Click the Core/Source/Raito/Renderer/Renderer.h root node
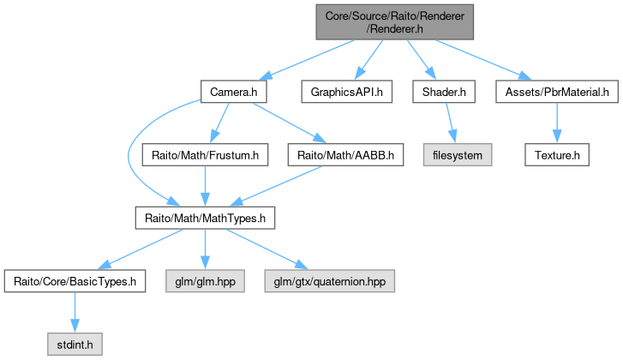tap(394, 22)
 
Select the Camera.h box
tap(234, 92)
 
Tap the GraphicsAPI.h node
tap(346, 92)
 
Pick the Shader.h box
tap(444, 92)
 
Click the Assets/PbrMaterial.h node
tap(557, 92)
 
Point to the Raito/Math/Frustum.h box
tap(205, 155)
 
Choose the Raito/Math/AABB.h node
tap(345, 155)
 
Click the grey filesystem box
tap(458, 155)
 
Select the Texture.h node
tap(557, 155)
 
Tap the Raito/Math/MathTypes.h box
tap(205, 219)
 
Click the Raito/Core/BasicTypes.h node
tap(75, 281)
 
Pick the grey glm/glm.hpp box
tap(205, 281)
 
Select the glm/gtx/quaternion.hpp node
tap(329, 281)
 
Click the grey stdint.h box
tap(75, 344)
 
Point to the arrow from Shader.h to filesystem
tap(451, 123)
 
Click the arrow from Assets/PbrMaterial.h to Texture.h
tap(557, 123)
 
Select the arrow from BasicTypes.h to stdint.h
tap(75, 312)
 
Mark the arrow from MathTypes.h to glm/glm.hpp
tap(205, 249)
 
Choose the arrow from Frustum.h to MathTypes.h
tap(205, 186)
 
